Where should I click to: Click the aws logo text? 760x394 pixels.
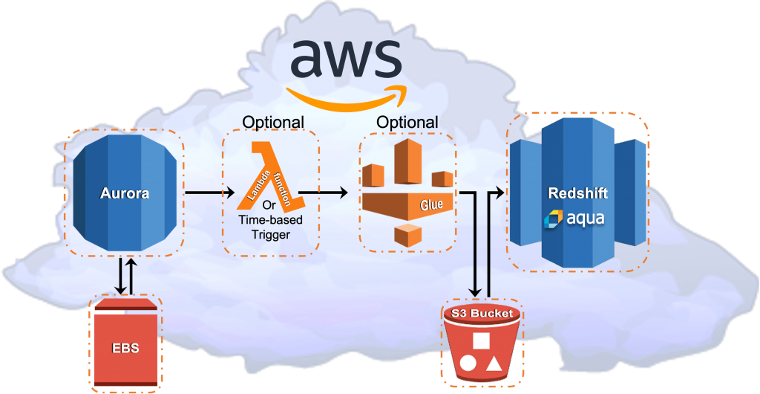click(346, 59)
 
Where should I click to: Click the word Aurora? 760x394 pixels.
click(125, 193)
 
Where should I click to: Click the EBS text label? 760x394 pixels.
click(125, 348)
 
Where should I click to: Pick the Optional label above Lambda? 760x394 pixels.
click(273, 122)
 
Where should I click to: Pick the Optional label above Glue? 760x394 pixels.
click(407, 121)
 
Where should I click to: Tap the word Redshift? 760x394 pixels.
click(577, 193)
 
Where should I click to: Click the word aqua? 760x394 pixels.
click(586, 219)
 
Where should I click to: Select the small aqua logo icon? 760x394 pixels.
click(554, 219)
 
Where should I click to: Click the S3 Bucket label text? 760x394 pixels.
click(482, 313)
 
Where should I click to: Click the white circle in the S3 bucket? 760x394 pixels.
click(468, 364)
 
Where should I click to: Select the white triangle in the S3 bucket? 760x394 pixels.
click(494, 364)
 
